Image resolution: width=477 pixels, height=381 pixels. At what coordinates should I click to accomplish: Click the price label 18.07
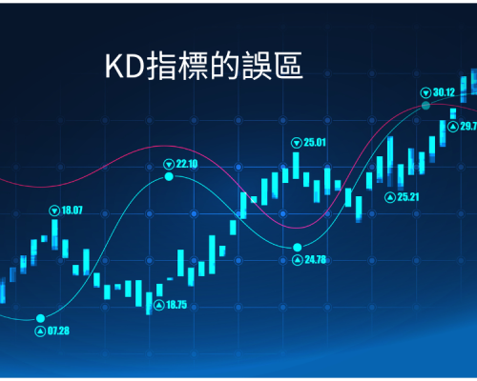coord(72,211)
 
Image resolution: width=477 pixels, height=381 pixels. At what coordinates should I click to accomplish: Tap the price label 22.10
coord(187,164)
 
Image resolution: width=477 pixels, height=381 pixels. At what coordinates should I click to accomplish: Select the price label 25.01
coord(315,143)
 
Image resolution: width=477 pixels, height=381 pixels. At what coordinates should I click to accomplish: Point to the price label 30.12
coord(445,92)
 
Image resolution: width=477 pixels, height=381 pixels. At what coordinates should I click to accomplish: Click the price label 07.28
coord(58,331)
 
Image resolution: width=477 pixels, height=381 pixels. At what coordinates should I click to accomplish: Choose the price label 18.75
coord(176,305)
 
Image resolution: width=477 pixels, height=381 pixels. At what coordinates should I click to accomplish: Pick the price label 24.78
coord(316,260)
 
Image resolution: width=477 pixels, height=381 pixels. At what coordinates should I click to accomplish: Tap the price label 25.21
coord(408,197)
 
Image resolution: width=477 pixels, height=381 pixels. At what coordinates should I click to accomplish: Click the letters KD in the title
coord(125,67)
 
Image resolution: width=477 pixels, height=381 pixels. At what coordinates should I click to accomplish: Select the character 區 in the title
coord(288,66)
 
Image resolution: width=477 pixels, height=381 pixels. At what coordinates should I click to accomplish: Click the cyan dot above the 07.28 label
coord(40,318)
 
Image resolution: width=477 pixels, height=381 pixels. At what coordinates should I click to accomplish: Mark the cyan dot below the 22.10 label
coord(169,176)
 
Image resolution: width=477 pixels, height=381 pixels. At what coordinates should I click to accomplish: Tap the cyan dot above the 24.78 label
coord(298,247)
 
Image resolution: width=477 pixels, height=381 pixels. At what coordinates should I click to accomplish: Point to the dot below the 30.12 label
coord(425,106)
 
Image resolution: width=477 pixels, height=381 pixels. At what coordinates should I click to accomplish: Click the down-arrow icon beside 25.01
coord(297,143)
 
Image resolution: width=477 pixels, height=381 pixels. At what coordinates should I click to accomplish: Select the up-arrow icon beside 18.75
coord(159,306)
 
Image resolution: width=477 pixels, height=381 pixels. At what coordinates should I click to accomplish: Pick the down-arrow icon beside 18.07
coord(54,211)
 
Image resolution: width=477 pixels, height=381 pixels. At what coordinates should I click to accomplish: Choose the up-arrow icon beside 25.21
coord(390,197)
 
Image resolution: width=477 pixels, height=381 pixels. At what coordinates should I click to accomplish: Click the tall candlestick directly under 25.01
coord(296,166)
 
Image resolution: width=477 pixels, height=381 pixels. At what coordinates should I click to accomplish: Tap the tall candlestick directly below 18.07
coord(54,234)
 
